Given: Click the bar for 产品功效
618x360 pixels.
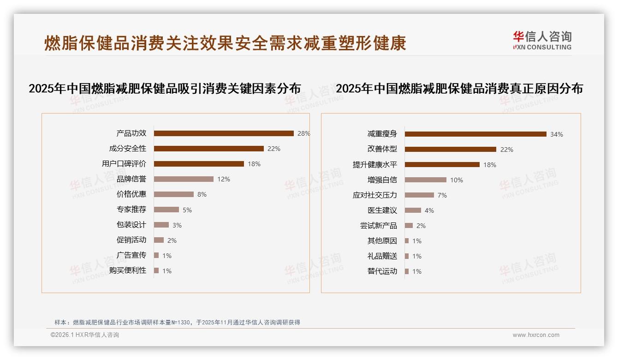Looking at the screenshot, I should pos(224,133).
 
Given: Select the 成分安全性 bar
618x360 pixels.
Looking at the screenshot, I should pos(208,149).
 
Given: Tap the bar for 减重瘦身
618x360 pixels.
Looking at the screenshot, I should pos(475,134).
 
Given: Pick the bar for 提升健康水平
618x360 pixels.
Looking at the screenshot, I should pos(442,165).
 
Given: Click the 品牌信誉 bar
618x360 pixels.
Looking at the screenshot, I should pos(184,179).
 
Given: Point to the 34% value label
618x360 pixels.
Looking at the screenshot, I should pos(556,134).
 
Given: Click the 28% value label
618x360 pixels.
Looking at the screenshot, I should pos(303,133).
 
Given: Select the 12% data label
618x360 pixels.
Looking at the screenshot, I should pos(224,179).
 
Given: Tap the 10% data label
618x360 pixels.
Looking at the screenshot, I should pos(456,180).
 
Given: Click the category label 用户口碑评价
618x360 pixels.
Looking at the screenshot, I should pos(124,164).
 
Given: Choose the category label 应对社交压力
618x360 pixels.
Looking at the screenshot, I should pos(374,195).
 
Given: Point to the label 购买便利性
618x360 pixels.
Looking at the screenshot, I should pos(127,270).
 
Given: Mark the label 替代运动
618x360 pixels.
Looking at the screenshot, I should pos(382,271).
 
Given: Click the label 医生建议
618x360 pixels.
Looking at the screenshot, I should pos(382,210).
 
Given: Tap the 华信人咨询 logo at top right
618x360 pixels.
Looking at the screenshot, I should pos(542,40).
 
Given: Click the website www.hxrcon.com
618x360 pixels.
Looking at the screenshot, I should pos(536,335).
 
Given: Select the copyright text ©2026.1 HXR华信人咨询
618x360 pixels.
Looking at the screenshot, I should pos(84,335).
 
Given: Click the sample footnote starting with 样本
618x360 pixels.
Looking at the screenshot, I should pos(177,323).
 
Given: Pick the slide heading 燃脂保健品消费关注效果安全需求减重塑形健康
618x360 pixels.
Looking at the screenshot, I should pos(225,43).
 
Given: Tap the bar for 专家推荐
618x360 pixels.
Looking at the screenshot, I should pos(166,210).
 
